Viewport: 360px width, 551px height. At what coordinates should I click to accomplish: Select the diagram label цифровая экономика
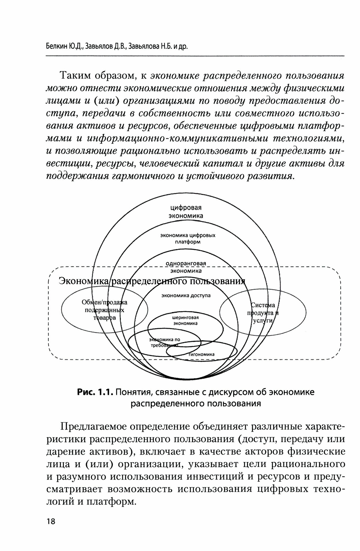tap(186, 211)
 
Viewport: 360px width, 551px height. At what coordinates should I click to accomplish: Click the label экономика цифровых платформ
tap(188, 239)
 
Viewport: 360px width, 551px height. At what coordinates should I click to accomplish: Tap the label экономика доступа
tap(186, 296)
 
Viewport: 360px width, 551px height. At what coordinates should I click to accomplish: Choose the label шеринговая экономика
tap(185, 320)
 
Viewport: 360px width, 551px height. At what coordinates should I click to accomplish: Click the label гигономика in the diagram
tap(201, 354)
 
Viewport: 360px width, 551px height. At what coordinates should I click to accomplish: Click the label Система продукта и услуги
tap(263, 313)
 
